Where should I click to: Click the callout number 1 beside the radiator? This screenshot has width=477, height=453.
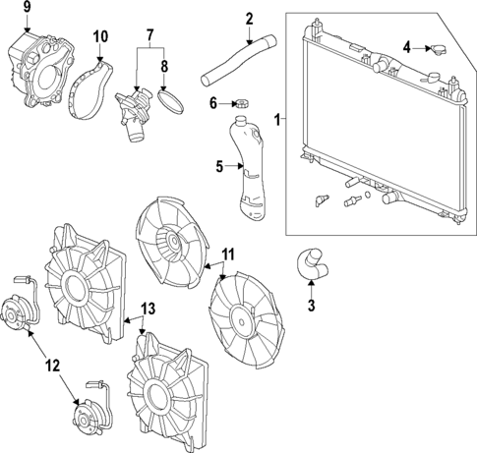[278, 120]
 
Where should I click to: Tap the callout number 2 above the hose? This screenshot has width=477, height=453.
[249, 18]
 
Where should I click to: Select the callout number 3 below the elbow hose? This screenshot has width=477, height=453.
[312, 307]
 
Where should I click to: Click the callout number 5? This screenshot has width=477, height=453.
[221, 166]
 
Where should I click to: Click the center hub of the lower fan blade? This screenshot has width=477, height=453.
[241, 320]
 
